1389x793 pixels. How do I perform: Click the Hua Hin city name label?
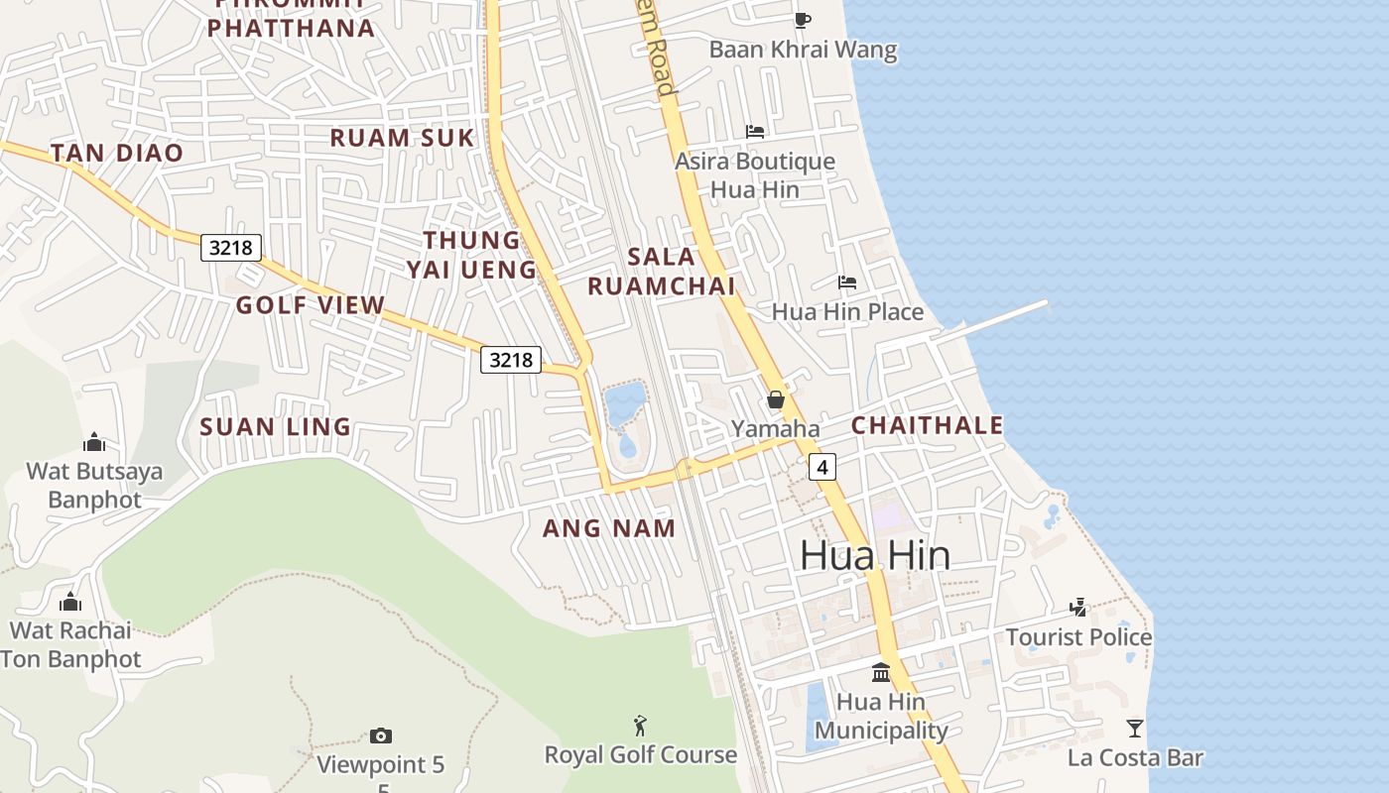[875, 555]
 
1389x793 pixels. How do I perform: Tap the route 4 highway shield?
[821, 467]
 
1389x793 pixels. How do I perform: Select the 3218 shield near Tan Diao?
[231, 247]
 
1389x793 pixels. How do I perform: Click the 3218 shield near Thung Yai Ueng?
[511, 360]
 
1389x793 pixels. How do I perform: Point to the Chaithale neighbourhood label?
[928, 425]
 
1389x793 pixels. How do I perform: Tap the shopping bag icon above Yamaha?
[776, 399]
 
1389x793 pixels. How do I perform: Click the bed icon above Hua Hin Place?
[846, 283]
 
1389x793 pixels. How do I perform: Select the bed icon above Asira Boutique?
[755, 131]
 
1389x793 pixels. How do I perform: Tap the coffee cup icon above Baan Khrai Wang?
[803, 20]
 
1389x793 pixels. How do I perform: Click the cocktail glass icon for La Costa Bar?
[1135, 729]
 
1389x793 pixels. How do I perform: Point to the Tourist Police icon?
[1078, 607]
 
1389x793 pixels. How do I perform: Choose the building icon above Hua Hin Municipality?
[880, 673]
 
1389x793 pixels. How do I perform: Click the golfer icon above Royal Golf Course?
[640, 726]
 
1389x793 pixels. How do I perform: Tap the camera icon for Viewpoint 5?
[380, 736]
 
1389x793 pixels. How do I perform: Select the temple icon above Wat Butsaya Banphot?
[94, 441]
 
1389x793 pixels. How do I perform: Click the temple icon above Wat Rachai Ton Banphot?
[69, 601]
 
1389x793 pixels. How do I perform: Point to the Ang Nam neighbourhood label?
[609, 528]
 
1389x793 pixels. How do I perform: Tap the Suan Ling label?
[276, 427]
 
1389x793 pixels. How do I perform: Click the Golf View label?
[310, 305]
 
